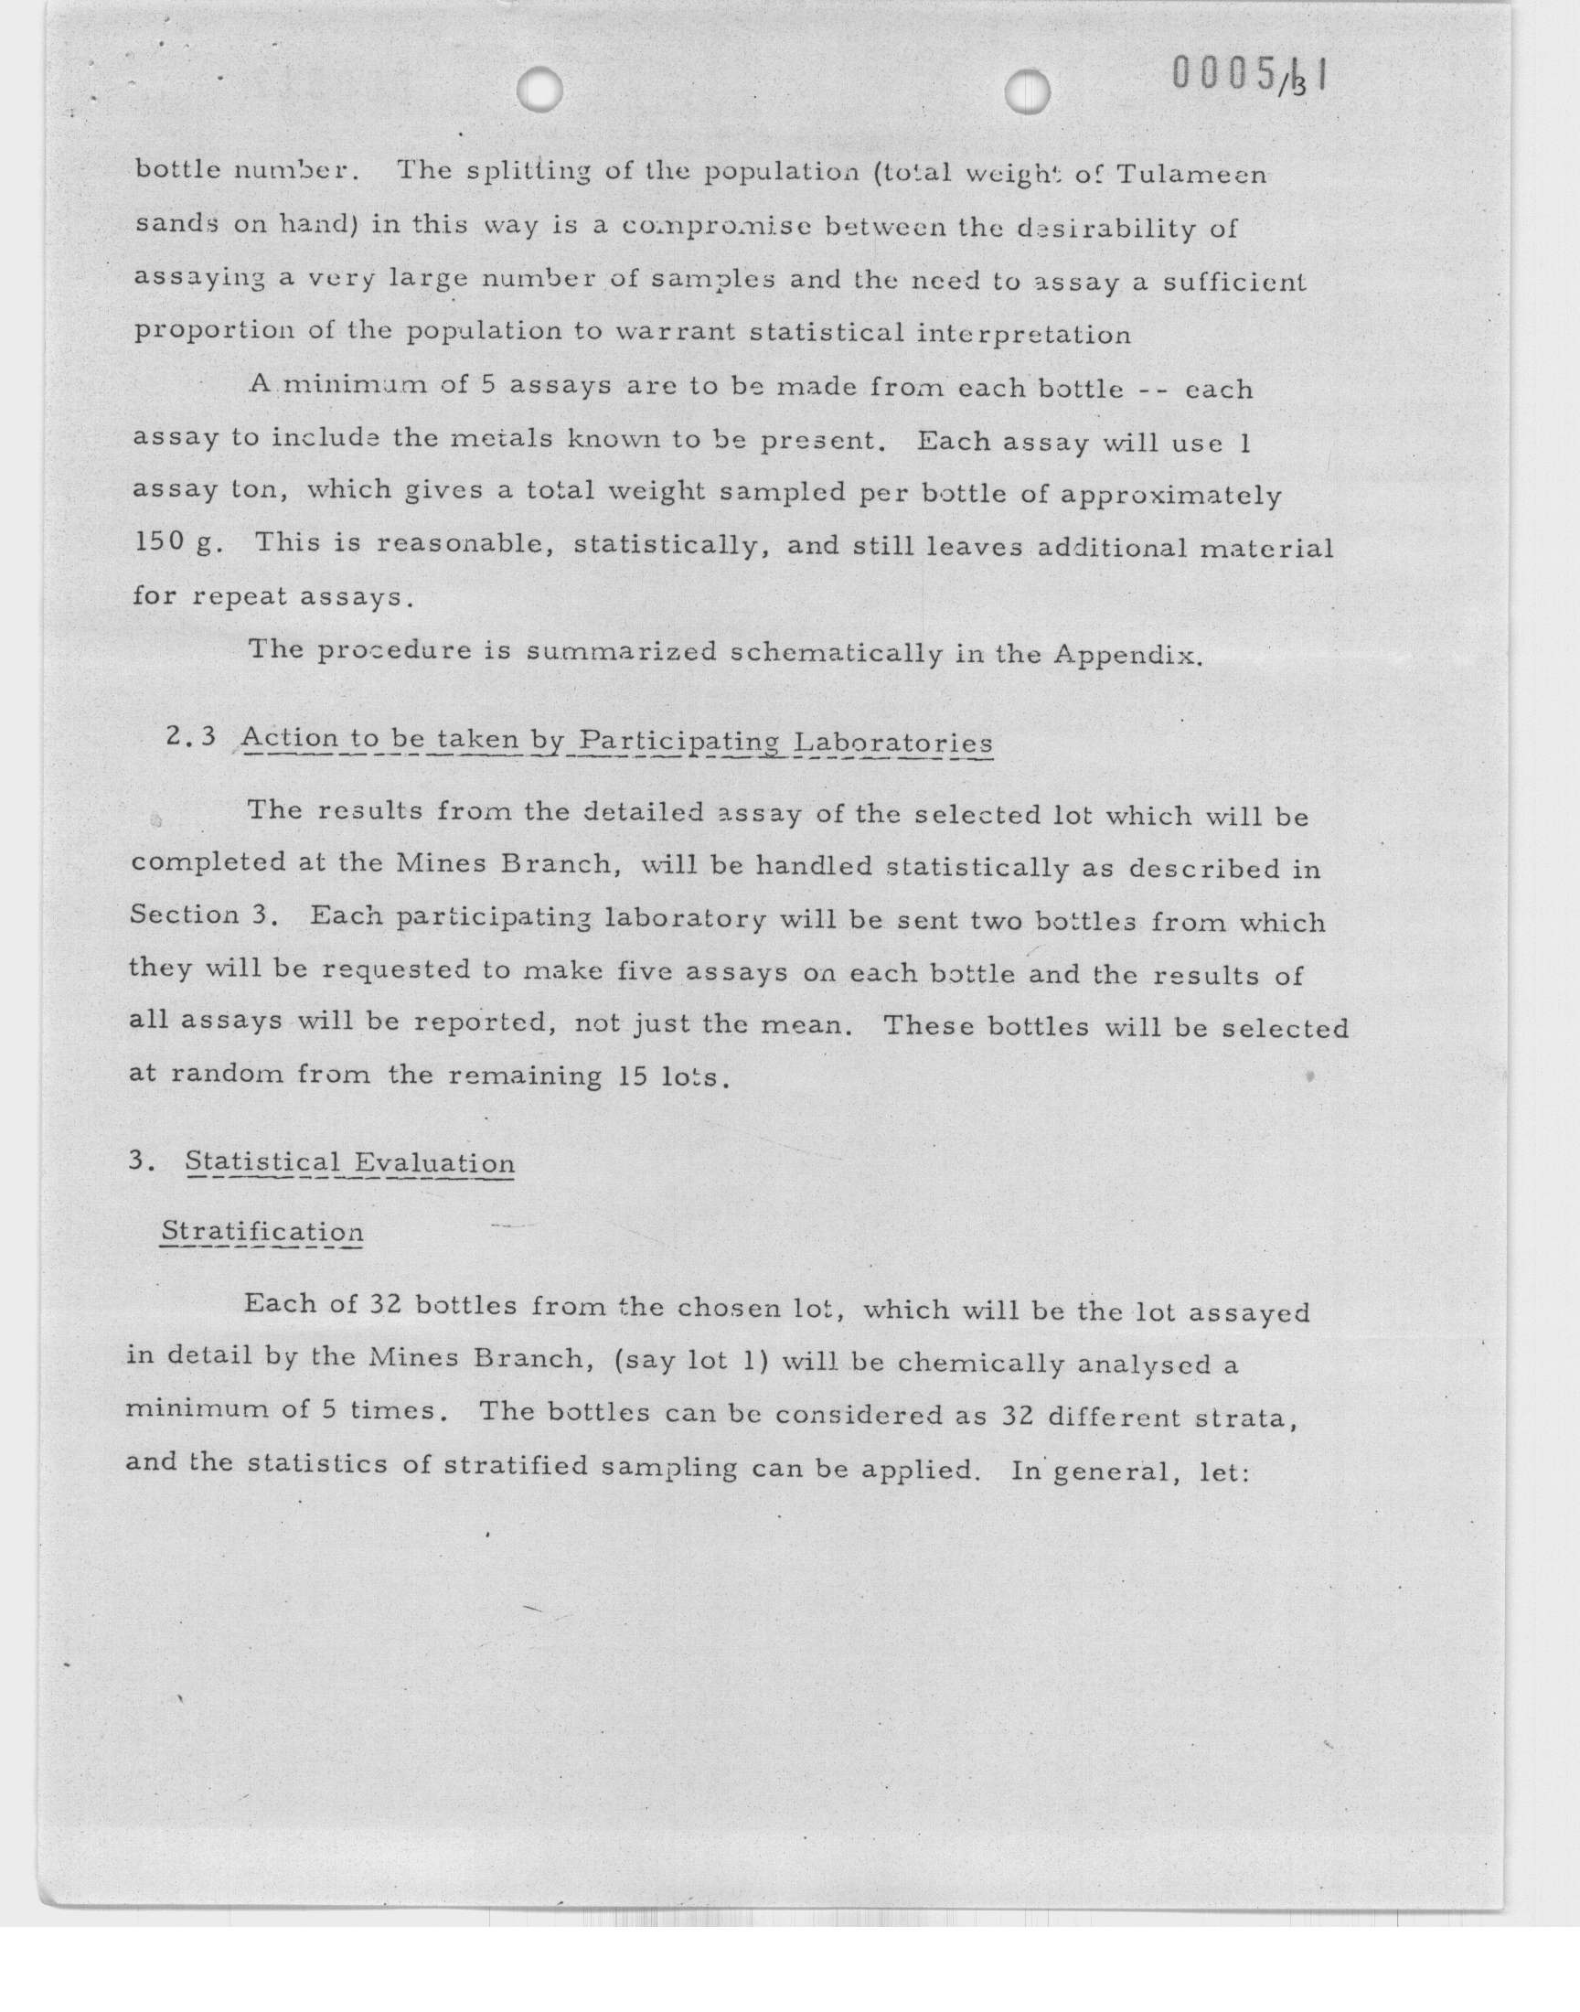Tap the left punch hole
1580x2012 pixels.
[539, 90]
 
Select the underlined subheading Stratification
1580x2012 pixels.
[262, 1232]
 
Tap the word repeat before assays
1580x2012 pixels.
[243, 596]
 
